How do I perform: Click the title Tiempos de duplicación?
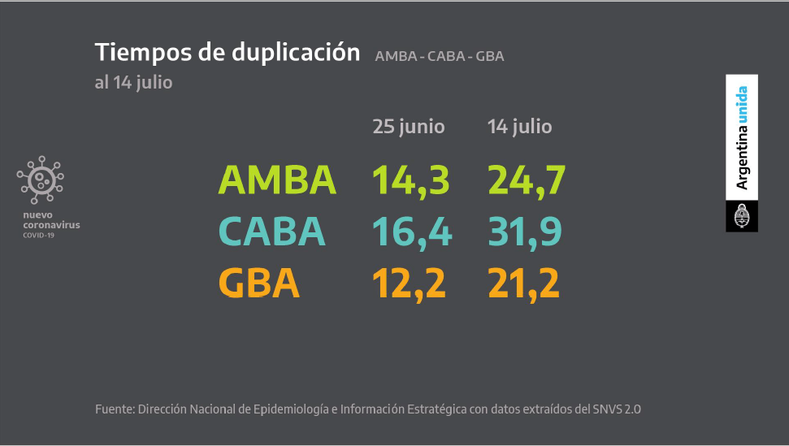click(228, 52)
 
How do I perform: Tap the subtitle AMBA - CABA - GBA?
click(440, 56)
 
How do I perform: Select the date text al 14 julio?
click(133, 82)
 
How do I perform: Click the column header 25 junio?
click(409, 127)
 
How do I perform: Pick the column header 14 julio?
click(519, 127)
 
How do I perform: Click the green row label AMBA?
click(277, 180)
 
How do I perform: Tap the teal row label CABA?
click(272, 232)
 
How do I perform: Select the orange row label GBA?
click(259, 283)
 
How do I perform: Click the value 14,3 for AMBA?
click(410, 180)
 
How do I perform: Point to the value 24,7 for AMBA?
click(526, 180)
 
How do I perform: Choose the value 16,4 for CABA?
click(411, 232)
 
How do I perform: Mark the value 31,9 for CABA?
click(525, 232)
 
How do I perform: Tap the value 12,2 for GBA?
click(410, 283)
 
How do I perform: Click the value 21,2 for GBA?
click(524, 283)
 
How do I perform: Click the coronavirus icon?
click(40, 179)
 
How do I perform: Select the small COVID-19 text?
click(38, 235)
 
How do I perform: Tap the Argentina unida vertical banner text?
click(742, 138)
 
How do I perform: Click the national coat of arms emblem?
click(742, 216)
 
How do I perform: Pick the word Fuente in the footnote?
click(114, 409)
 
